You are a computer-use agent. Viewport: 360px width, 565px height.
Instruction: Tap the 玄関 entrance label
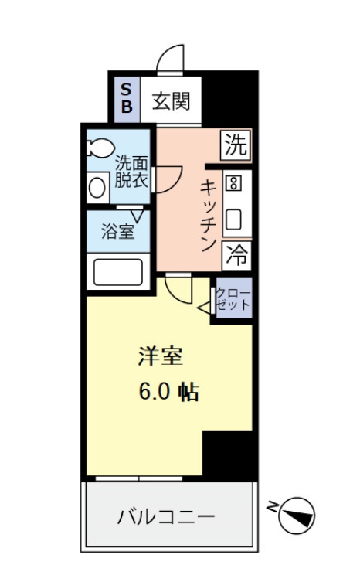[171, 100]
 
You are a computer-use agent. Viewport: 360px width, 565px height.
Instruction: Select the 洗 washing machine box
[236, 144]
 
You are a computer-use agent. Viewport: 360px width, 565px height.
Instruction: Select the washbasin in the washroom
[98, 186]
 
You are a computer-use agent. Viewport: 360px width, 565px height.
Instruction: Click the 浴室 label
[117, 230]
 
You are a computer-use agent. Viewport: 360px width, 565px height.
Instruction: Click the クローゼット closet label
[233, 298]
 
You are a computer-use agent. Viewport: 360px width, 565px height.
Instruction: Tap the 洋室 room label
[161, 357]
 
